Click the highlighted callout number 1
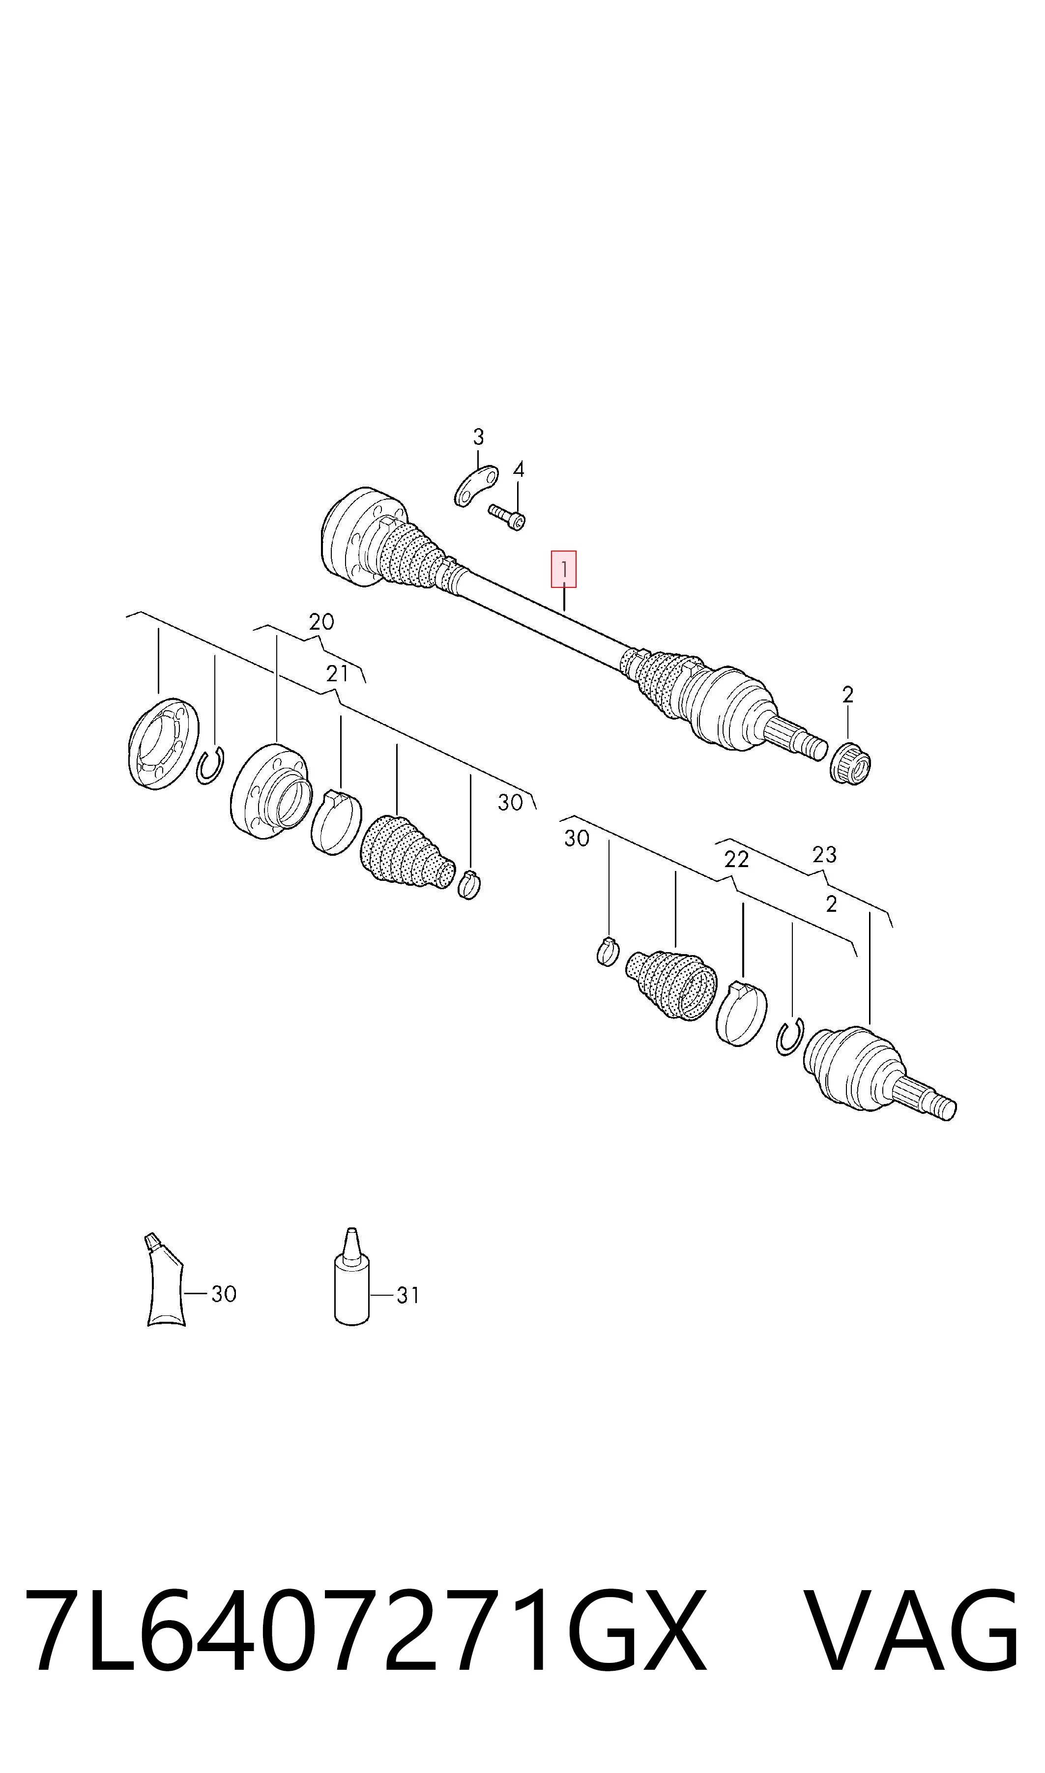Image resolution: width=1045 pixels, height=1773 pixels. [x=563, y=569]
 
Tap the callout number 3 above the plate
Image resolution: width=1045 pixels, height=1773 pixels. [x=478, y=437]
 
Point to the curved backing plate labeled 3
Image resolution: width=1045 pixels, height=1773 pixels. [x=476, y=485]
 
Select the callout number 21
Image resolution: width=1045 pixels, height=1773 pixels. [x=337, y=674]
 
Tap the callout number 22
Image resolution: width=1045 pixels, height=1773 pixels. [x=737, y=860]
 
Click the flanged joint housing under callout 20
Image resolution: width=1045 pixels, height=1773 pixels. [x=271, y=791]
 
